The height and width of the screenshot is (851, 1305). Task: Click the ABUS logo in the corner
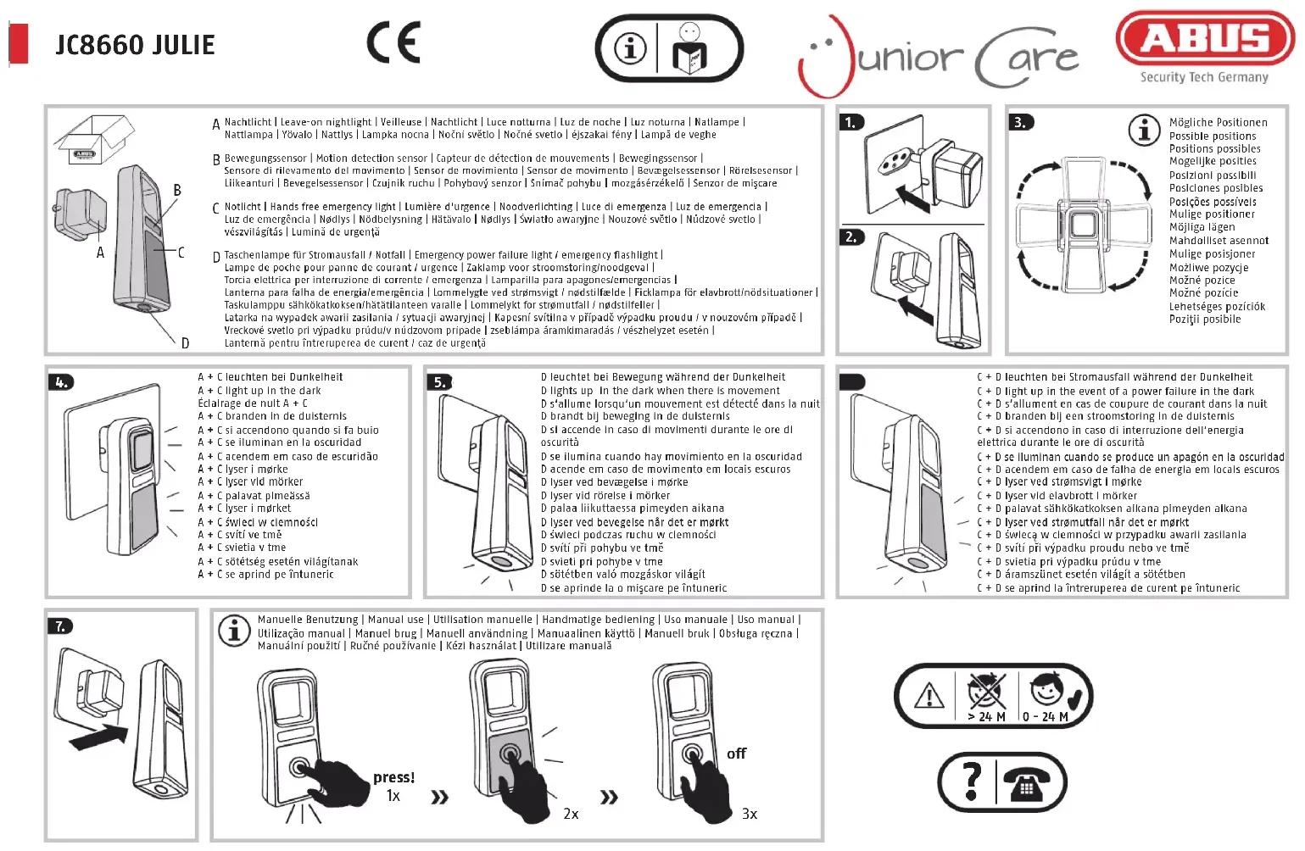click(x=1205, y=40)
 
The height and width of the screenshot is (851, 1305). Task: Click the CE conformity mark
click(x=393, y=43)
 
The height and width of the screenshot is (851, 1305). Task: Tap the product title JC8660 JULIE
click(x=136, y=45)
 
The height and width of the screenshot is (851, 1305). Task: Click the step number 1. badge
click(x=851, y=122)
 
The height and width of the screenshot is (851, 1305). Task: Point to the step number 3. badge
click(x=1020, y=122)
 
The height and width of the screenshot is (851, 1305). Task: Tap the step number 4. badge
click(x=62, y=382)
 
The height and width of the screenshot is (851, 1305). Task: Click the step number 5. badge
click(x=440, y=382)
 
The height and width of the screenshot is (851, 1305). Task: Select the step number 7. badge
click(x=60, y=626)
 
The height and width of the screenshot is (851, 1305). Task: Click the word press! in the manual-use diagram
click(x=393, y=777)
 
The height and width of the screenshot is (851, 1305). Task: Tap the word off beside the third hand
click(x=736, y=754)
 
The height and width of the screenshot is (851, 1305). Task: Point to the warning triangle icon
click(x=929, y=697)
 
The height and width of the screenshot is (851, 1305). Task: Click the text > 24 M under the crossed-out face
click(x=986, y=717)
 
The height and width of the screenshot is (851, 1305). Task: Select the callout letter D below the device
click(x=185, y=343)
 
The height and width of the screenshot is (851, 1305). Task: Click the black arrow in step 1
click(x=912, y=200)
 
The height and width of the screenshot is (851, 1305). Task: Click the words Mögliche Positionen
click(x=1218, y=123)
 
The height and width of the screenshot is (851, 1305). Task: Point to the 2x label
click(x=571, y=814)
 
